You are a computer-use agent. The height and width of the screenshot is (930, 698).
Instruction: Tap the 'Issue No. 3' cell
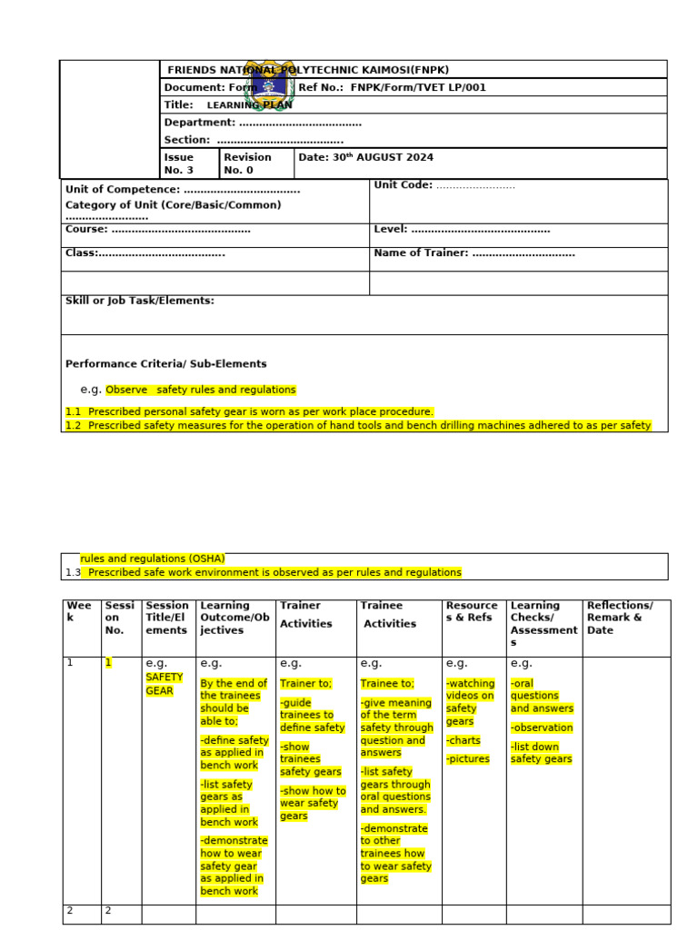pyautogui.click(x=179, y=163)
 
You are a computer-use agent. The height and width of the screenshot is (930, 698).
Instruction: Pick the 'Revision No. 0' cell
pyautogui.click(x=247, y=163)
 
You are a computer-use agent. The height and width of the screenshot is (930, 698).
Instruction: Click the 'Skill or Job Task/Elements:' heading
pyautogui.click(x=140, y=301)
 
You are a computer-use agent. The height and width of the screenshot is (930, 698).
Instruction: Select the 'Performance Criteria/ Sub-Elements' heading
pyautogui.click(x=166, y=363)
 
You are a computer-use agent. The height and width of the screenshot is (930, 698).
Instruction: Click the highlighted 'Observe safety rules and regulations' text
pyautogui.click(x=201, y=390)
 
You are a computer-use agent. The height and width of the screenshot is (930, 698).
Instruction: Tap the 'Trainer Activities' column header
pyautogui.click(x=305, y=615)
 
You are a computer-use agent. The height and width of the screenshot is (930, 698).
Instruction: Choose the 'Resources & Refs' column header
pyautogui.click(x=472, y=611)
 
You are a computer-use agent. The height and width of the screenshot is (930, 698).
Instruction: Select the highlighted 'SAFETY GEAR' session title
pyautogui.click(x=165, y=684)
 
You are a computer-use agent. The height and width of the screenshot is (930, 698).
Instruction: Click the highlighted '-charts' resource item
pyautogui.click(x=464, y=740)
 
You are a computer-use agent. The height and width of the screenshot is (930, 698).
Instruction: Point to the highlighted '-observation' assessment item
pyautogui.click(x=542, y=727)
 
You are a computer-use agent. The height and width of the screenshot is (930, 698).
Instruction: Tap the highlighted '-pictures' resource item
pyautogui.click(x=468, y=759)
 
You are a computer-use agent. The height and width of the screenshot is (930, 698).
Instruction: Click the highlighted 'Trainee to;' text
pyautogui.click(x=387, y=684)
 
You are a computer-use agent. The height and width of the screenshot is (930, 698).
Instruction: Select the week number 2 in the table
pyautogui.click(x=69, y=911)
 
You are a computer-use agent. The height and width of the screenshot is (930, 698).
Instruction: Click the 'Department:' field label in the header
pyautogui.click(x=199, y=123)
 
